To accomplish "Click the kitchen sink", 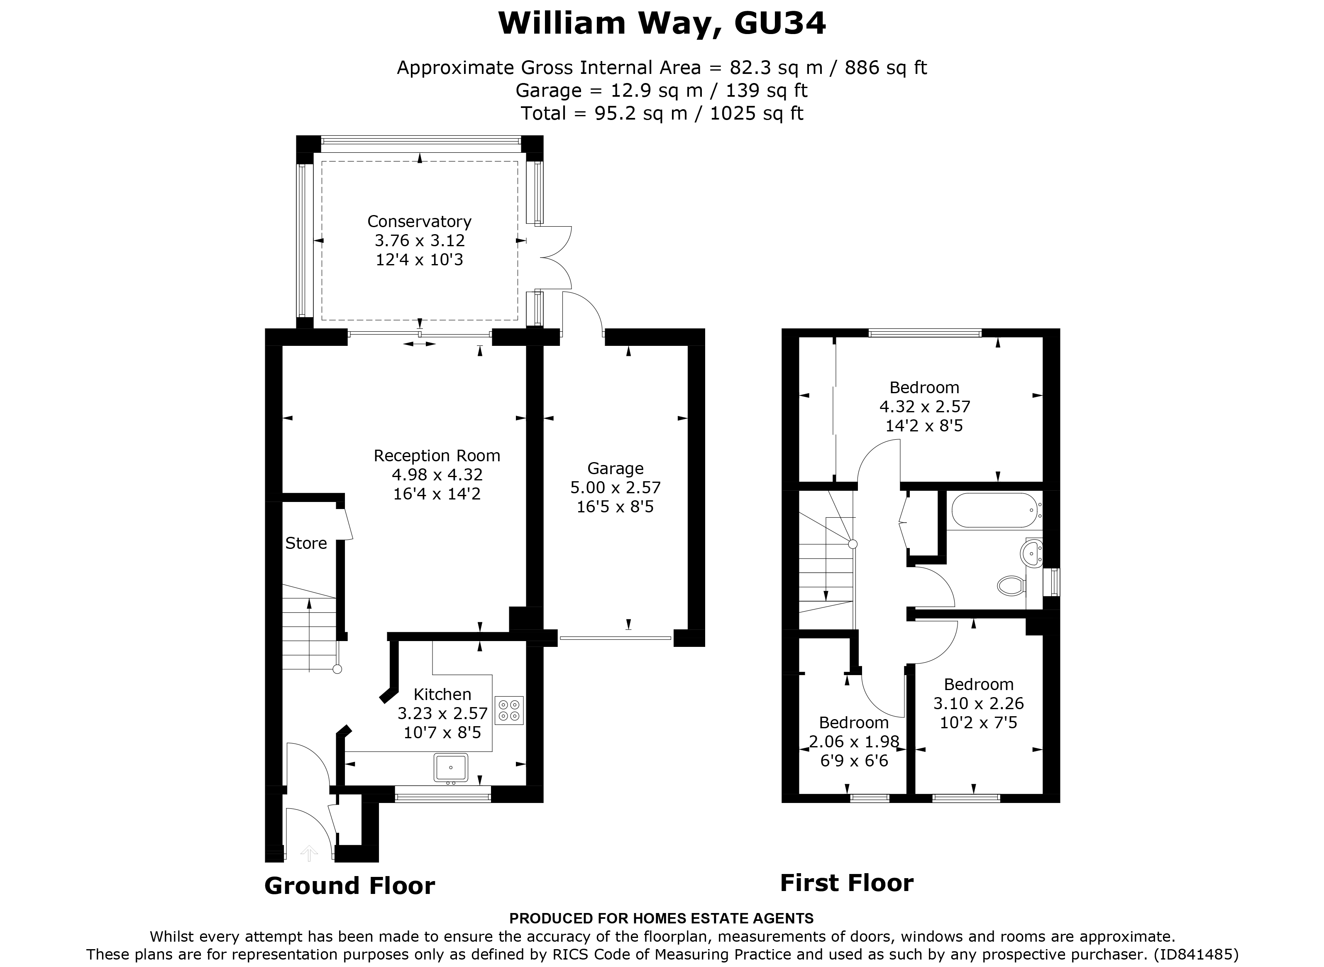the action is tap(450, 767).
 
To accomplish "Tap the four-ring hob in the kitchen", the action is tap(508, 710).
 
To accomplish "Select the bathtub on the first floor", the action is tap(994, 510).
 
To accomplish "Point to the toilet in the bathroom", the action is tap(1010, 585).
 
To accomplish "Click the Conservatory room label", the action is tap(419, 221).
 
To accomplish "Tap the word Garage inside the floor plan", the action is tap(615, 468).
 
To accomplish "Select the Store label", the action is tap(306, 543).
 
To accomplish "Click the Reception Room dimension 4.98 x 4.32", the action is tap(437, 475).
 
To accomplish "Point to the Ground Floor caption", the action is tap(349, 886).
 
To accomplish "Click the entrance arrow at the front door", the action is tap(309, 853).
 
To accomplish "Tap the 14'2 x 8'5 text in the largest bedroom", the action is tap(924, 426).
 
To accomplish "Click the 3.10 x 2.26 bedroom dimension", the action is tap(978, 703).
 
